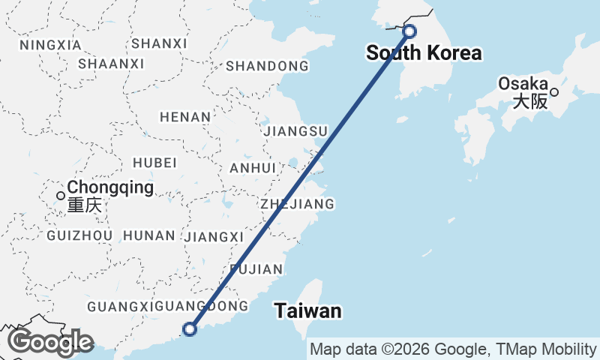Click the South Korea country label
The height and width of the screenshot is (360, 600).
[424, 53]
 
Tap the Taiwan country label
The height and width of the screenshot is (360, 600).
[307, 310]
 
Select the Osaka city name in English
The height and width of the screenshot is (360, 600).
[523, 84]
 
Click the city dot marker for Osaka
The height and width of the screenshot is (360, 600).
[554, 92]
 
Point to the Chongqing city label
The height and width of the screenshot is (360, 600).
[110, 187]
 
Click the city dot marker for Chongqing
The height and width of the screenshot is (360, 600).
[61, 196]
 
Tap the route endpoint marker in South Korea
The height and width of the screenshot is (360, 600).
[409, 31]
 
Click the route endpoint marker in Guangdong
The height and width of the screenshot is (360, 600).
[190, 328]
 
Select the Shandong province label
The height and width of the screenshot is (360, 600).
[267, 66]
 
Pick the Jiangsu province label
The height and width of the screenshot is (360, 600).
[296, 132]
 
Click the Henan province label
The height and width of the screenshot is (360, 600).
[184, 117]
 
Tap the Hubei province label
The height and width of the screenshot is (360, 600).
[154, 163]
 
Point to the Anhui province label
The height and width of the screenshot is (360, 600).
[253, 168]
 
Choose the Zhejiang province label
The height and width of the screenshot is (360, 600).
[297, 204]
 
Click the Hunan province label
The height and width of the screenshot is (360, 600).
[148, 236]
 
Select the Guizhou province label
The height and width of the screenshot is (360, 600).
[79, 236]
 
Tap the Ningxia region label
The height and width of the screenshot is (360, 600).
[50, 45]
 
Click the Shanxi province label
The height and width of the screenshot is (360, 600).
[159, 43]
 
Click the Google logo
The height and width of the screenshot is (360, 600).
[50, 342]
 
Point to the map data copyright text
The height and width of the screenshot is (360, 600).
[453, 349]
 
